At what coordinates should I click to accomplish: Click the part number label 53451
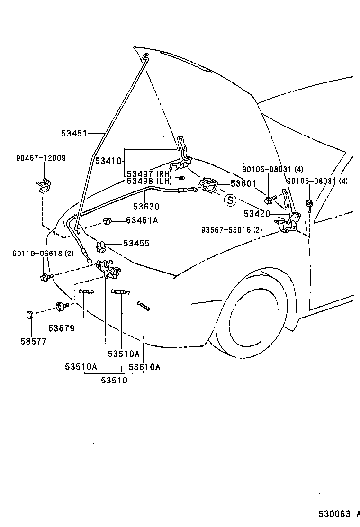pos(73,134)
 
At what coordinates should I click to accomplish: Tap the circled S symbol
pos(229,200)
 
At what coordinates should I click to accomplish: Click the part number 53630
pos(146,207)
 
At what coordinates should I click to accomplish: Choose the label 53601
pos(243,183)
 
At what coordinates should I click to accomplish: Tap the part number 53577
pos(33,341)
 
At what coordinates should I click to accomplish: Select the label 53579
pos(61,328)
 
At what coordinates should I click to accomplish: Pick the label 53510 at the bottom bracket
pos(114,380)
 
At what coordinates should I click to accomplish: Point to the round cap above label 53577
pos(29,314)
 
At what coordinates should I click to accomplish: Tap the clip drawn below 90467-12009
pos(44,185)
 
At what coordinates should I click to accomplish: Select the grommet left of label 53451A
pos(107,220)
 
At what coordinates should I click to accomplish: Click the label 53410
pos(109,161)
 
